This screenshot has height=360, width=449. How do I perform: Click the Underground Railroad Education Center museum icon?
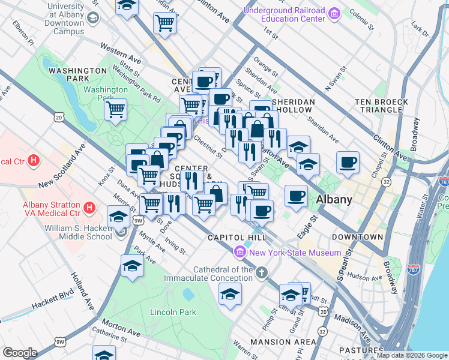coord(334,13)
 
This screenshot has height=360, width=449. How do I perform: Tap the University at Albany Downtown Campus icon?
coord(93,18)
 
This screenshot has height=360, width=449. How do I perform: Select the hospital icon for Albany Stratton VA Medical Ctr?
coord(89,208)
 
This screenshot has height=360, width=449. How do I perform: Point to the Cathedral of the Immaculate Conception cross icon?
coord(261,274)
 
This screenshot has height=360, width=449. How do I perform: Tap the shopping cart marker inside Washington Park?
coord(115,110)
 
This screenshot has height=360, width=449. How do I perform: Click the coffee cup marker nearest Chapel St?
coord(348,162)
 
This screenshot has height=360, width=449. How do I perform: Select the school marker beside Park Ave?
coord(132,265)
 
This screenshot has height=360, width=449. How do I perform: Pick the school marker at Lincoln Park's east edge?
coord(230,294)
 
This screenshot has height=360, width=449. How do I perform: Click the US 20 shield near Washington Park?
coord(58,118)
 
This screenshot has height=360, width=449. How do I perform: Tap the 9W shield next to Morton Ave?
coord(60,342)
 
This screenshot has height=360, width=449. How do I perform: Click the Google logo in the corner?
coord(20,353)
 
